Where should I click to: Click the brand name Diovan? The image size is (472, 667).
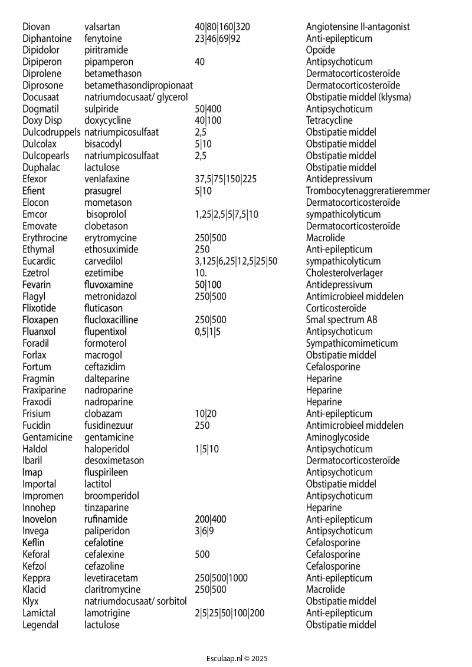tap(36, 27)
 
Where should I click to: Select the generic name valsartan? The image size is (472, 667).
tap(102, 27)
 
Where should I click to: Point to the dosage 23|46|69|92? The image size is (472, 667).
tap(217, 38)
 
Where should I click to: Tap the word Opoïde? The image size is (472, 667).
tap(320, 50)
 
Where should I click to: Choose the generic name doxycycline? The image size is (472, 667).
tap(107, 120)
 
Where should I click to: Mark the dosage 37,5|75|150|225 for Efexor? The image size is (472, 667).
tap(225, 179)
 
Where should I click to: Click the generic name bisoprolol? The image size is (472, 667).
tap(106, 214)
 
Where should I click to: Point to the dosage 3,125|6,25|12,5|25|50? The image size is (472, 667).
tap(235, 261)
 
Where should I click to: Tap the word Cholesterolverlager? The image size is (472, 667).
tap(344, 273)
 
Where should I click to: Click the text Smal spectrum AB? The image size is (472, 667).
tap(341, 320)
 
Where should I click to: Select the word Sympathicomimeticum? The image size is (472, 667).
tap(352, 343)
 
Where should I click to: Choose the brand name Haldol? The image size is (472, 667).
tap(35, 449)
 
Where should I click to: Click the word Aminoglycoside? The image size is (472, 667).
tap(337, 437)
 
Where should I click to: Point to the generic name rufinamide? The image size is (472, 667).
tap(106, 519)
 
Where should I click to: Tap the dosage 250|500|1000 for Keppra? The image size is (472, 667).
tap(221, 578)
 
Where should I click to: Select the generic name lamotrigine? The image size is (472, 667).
tap(107, 613)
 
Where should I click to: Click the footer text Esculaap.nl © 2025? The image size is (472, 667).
tap(236, 658)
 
